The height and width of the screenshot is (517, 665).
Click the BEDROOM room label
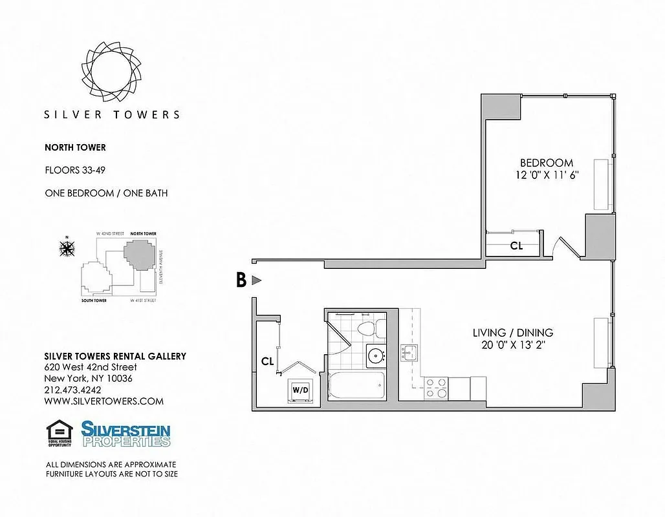547,163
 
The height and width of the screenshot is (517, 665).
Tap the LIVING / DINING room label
512,333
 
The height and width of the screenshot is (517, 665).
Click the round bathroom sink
375,355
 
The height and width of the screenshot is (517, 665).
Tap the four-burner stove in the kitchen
436,387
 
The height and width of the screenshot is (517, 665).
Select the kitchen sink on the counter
409,353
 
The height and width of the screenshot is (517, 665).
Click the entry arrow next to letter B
256,280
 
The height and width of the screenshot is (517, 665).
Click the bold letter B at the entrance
241,280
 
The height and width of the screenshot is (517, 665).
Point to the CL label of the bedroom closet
516,246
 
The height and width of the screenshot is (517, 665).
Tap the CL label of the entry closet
267,361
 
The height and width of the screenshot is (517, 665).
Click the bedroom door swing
563,248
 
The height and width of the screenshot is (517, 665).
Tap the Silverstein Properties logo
125,434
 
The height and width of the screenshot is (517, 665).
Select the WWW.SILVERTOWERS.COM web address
104,401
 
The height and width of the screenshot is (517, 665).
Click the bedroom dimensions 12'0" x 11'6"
547,175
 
